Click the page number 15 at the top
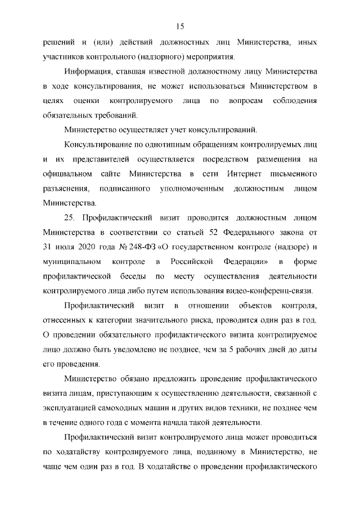(x=180, y=26)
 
